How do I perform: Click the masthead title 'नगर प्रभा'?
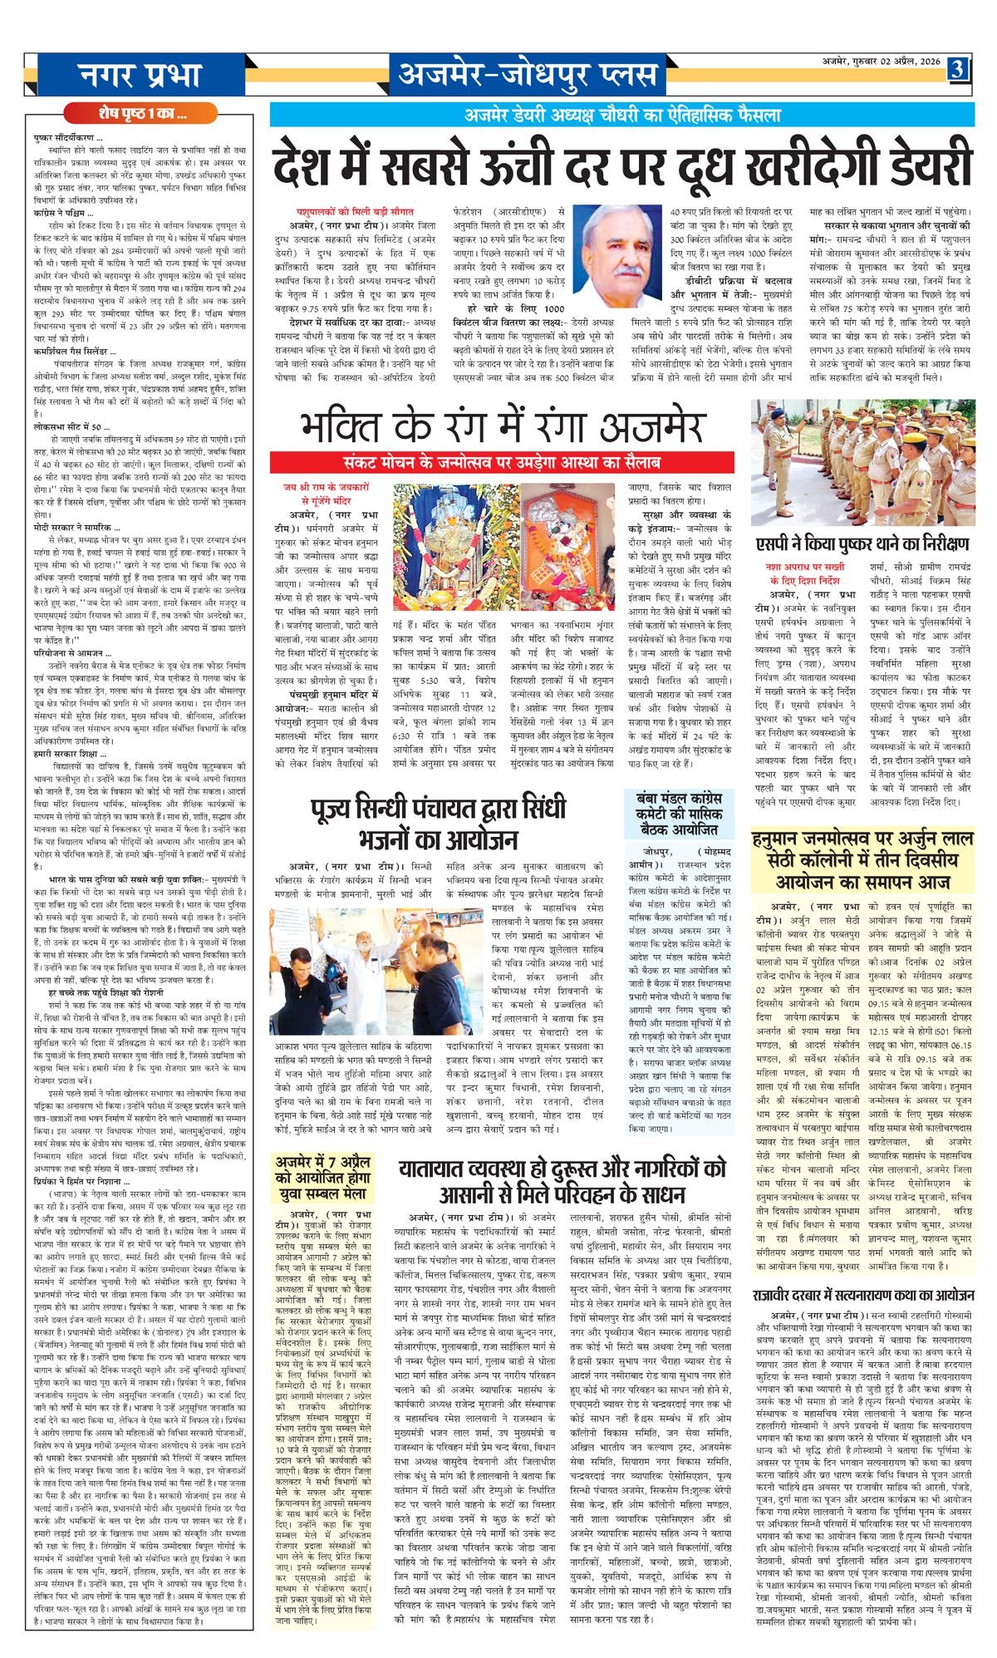pos(140,74)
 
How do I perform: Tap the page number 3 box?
pos(957,70)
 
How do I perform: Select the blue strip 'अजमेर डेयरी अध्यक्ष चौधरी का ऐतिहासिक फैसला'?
pos(623,116)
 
